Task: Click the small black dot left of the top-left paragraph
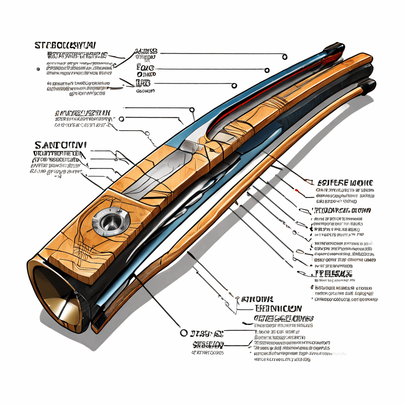pos(38,69)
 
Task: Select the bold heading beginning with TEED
pos(277,309)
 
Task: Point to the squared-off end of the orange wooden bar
pos(365,59)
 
